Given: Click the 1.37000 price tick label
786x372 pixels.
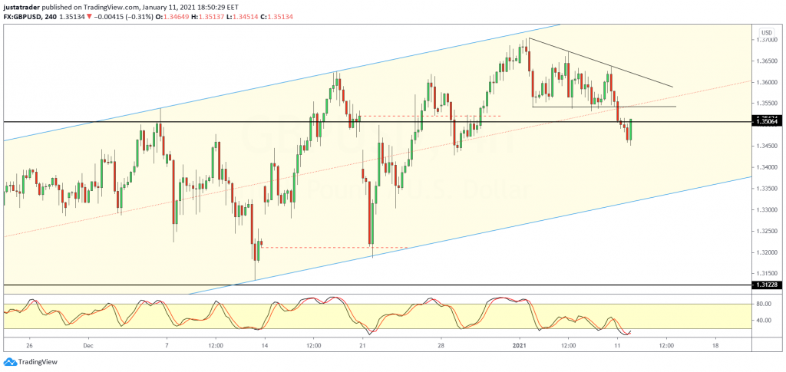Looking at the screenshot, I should coord(767,40).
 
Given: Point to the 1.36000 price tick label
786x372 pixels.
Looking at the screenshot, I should coord(767,82).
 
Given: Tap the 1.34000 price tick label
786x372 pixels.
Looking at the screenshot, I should coord(767,167).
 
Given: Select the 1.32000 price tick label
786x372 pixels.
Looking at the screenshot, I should coord(767,252).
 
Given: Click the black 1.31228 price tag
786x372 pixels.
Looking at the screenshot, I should coord(768,285).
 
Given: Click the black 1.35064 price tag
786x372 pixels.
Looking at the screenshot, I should coord(768,121).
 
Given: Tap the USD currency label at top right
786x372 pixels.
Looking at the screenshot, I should coord(765,32).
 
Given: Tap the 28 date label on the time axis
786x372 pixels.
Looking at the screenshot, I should coord(441,345).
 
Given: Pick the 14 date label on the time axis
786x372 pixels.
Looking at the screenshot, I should coord(264,345).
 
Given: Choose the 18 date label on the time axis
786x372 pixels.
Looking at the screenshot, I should coord(715,345).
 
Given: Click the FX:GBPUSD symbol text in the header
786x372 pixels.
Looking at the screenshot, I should coord(24,17).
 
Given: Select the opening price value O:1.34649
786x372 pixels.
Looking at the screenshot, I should coord(177,17).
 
